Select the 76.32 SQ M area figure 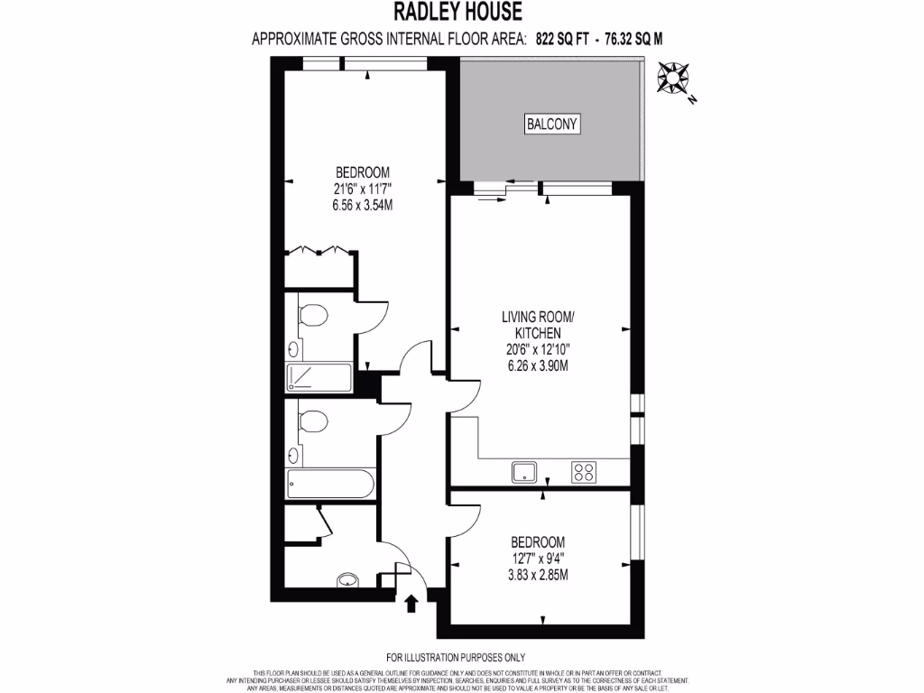tap(639, 38)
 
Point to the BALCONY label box tap(551, 125)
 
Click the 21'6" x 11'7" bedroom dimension tap(362, 189)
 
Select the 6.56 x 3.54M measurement tap(362, 205)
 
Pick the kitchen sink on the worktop tap(524, 471)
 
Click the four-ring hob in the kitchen tap(584, 471)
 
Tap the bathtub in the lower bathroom tap(329, 485)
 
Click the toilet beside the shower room tap(312, 316)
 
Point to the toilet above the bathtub tap(312, 421)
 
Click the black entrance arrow tap(413, 602)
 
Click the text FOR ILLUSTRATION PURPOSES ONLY tap(455, 658)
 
